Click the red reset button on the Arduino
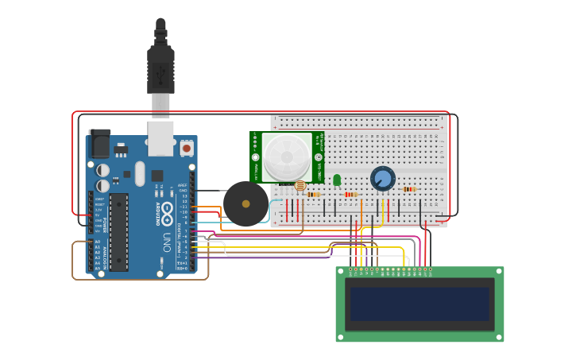tap(187, 148)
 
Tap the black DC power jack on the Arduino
tap(99, 144)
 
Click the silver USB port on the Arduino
tap(160, 137)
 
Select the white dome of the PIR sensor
tap(287, 157)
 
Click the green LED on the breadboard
tap(337, 180)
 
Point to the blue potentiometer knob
tap(383, 178)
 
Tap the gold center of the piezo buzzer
tap(245, 204)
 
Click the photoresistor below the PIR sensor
tap(300, 186)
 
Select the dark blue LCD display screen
tap(420, 304)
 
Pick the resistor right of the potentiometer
tap(409, 189)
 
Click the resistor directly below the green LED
tap(350, 194)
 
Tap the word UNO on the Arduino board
tap(167, 241)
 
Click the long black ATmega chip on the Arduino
tap(118, 231)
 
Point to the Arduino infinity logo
tap(167, 208)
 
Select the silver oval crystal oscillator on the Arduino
tap(140, 173)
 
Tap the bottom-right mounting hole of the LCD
tap(499, 337)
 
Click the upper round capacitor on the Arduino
tap(103, 170)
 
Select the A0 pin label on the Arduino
tap(98, 242)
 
